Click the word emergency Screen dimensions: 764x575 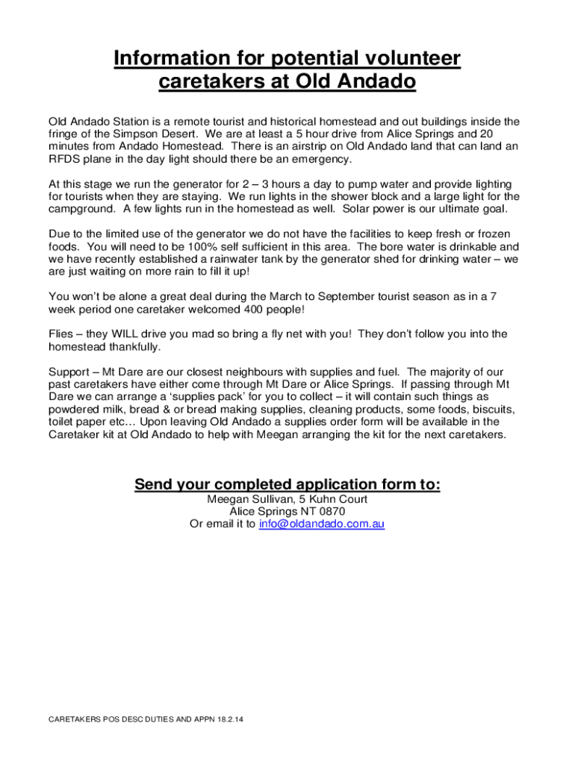[x=317, y=159]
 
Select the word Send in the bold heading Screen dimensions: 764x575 [x=154, y=486]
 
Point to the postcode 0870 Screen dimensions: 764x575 [x=330, y=512]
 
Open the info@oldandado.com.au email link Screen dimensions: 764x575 [x=321, y=524]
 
